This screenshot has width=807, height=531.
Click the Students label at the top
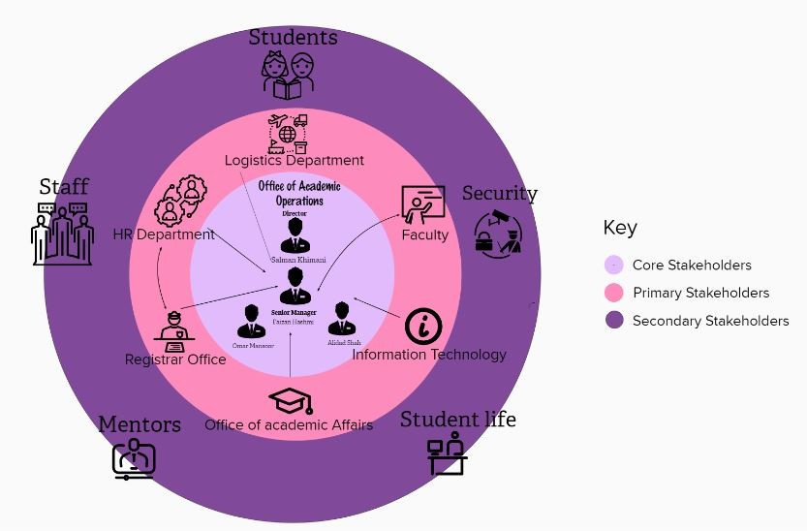point(293,38)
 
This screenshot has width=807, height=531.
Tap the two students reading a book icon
point(289,76)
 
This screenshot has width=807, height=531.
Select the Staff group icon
point(63,234)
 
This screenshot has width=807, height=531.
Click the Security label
point(499,193)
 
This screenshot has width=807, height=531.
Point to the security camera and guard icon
point(498,232)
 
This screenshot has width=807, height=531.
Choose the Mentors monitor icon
point(133,458)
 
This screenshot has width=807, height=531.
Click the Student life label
point(457,420)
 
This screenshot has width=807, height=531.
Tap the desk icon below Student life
point(448,453)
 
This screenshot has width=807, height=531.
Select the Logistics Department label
point(295,160)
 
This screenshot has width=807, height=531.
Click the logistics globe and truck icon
point(288,134)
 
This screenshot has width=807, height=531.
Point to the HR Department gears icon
point(181,200)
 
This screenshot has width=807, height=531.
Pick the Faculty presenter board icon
point(422,204)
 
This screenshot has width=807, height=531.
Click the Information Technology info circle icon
point(423,327)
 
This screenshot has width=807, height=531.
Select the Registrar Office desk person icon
point(175,330)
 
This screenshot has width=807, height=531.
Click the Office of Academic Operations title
point(298,193)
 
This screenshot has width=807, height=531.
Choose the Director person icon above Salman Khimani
point(295,236)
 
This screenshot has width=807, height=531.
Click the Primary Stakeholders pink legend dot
point(613,293)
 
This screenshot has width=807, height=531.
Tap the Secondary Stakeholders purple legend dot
point(613,321)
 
